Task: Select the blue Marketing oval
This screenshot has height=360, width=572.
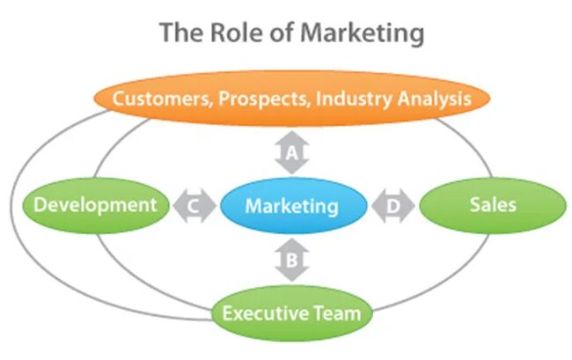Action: click(291, 207)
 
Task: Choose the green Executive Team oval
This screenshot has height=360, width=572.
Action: click(291, 312)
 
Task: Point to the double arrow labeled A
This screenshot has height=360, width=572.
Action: click(291, 156)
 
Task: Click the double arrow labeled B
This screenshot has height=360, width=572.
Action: click(291, 260)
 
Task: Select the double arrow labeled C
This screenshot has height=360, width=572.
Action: click(194, 207)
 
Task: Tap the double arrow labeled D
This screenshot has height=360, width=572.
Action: click(391, 207)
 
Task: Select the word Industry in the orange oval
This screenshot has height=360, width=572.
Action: click(352, 99)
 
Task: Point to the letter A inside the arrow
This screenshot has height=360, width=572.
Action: click(291, 156)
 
